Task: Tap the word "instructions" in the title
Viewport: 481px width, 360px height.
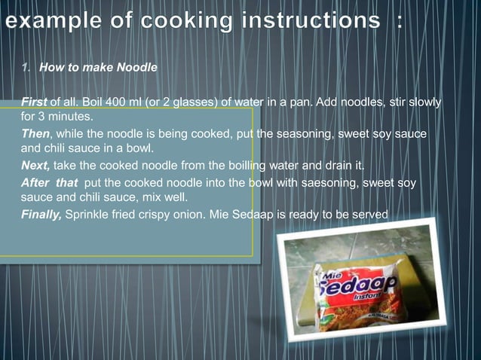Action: point(317,21)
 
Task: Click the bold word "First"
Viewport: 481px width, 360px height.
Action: point(34,102)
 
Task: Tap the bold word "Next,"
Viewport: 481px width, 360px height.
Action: point(36,166)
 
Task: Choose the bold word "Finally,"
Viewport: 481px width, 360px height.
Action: point(41,215)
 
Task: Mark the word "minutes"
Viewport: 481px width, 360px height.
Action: point(72,117)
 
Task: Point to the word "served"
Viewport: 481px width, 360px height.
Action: point(371,215)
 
